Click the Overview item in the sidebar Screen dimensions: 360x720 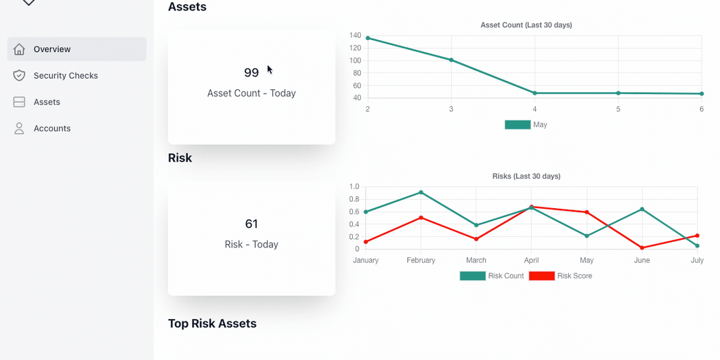pos(52,49)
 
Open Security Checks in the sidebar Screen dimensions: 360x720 pos(65,75)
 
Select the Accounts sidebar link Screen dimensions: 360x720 pos(52,128)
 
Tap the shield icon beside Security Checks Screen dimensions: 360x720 pos(20,75)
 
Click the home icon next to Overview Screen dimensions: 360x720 pos(20,49)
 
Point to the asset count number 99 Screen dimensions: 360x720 pos(251,72)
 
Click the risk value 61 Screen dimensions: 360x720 pos(251,224)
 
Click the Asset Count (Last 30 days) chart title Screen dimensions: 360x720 pos(526,25)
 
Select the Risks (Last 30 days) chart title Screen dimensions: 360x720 pos(526,176)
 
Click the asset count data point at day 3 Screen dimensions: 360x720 pos(451,60)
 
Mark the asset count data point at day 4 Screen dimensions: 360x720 pos(534,93)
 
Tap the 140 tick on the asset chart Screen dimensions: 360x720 pos(355,36)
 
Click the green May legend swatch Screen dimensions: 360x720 pos(517,124)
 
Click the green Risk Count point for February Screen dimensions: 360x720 pos(421,192)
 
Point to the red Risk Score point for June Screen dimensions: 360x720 pos(642,247)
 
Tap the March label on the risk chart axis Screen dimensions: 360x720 pos(476,260)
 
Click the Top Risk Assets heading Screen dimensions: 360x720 pos(212,323)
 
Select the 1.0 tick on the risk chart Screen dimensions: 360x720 pos(354,187)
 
